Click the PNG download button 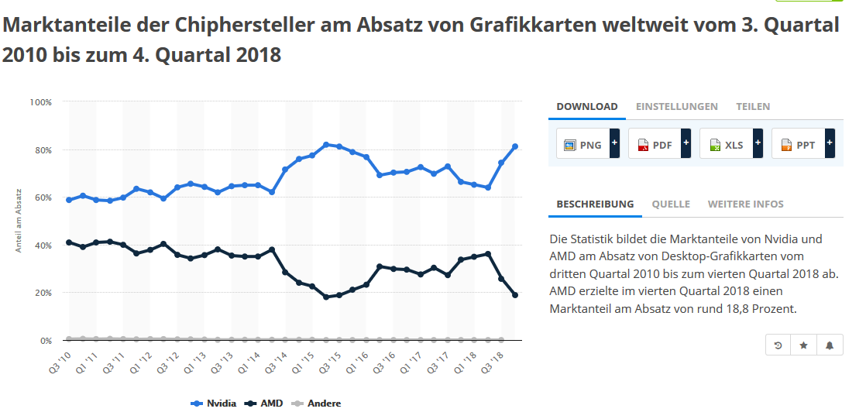click(582, 144)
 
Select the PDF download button click(655, 144)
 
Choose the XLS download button click(726, 144)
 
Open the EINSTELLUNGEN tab click(676, 107)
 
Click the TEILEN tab click(753, 107)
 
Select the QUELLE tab click(670, 204)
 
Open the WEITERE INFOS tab click(745, 204)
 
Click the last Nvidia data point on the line click(514, 146)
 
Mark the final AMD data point click(514, 295)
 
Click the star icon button click(803, 345)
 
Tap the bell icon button click(830, 345)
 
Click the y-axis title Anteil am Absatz click(19, 221)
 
